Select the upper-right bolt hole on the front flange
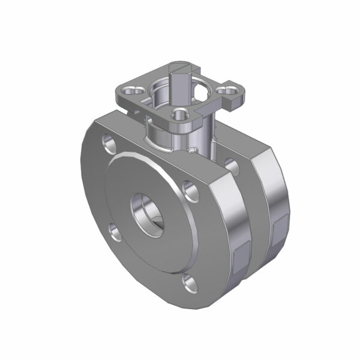click(x=191, y=190)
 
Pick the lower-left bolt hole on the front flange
click(x=114, y=229)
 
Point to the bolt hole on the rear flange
click(x=230, y=163)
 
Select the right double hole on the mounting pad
click(x=229, y=91)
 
